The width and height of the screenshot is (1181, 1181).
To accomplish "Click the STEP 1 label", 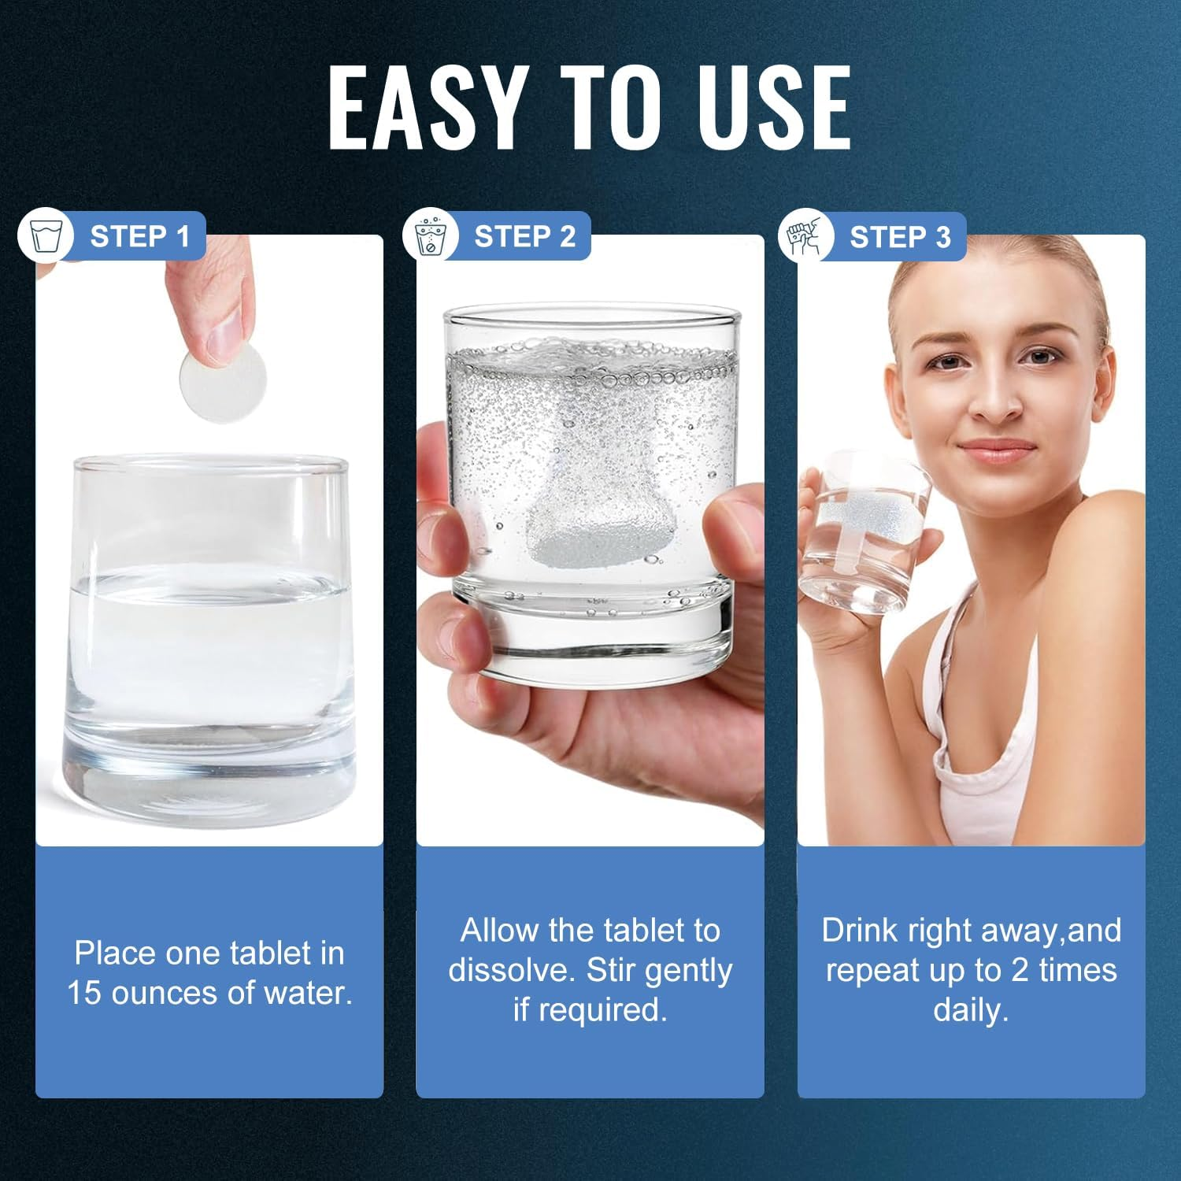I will pos(139,236).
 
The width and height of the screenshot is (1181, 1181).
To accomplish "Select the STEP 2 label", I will pos(524,236).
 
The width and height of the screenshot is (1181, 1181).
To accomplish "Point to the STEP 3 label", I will pos(900,237).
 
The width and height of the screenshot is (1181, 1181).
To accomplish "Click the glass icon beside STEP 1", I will pos(45,235).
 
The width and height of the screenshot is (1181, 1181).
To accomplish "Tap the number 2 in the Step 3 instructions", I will pos(1020,971).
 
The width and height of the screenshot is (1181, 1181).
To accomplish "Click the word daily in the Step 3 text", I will pos(971,1010).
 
